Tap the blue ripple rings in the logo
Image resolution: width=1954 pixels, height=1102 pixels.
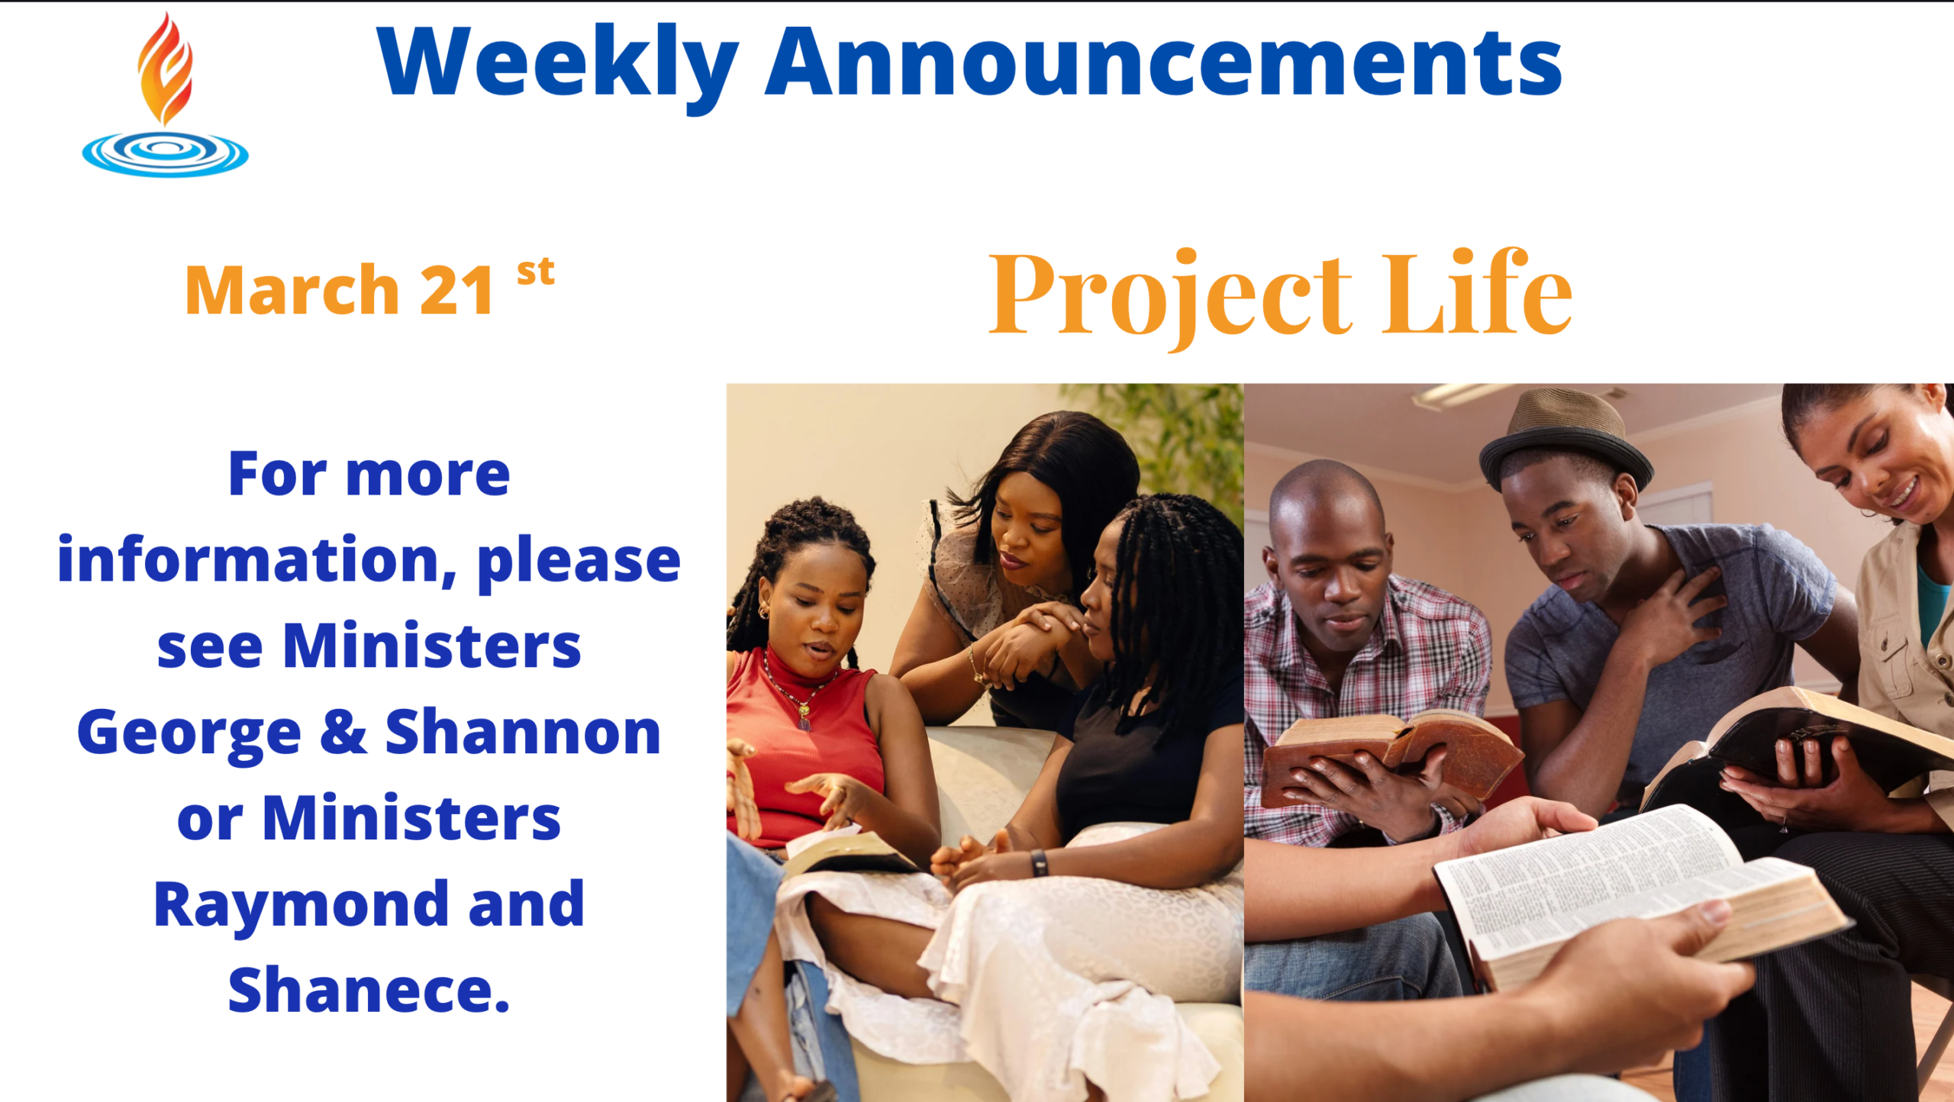tap(165, 153)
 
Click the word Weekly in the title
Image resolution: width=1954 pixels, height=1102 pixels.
tap(557, 65)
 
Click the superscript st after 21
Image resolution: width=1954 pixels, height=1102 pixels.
tap(536, 272)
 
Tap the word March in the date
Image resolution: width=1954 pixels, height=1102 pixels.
tap(292, 290)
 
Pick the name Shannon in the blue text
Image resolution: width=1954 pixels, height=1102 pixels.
tap(523, 731)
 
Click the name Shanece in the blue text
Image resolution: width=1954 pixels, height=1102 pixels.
tap(369, 989)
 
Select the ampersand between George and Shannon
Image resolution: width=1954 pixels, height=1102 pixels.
tap(343, 731)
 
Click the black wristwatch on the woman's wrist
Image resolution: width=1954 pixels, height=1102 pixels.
tap(1039, 863)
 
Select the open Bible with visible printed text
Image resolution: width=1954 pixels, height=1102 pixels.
tap(1641, 893)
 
